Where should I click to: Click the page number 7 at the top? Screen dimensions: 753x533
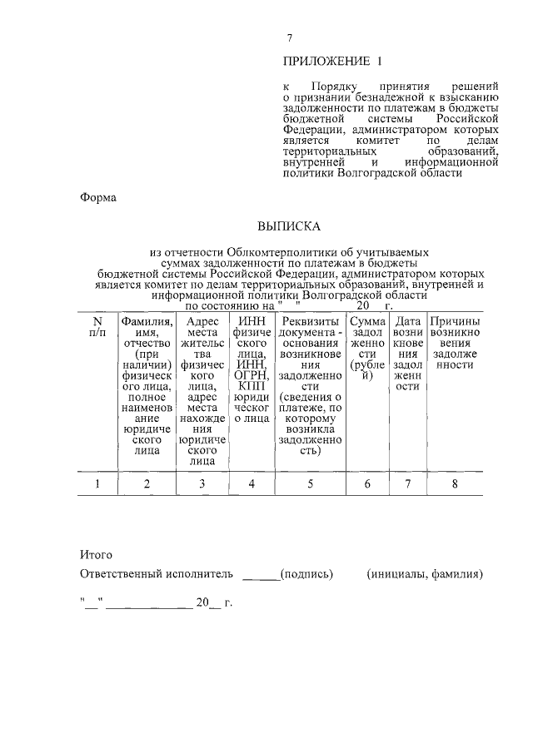point(289,38)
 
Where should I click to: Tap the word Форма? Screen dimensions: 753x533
point(97,198)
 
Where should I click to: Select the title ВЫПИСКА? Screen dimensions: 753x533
point(288,225)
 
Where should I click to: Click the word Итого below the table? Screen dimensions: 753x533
point(96,553)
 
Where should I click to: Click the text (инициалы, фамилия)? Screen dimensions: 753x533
point(425,574)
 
